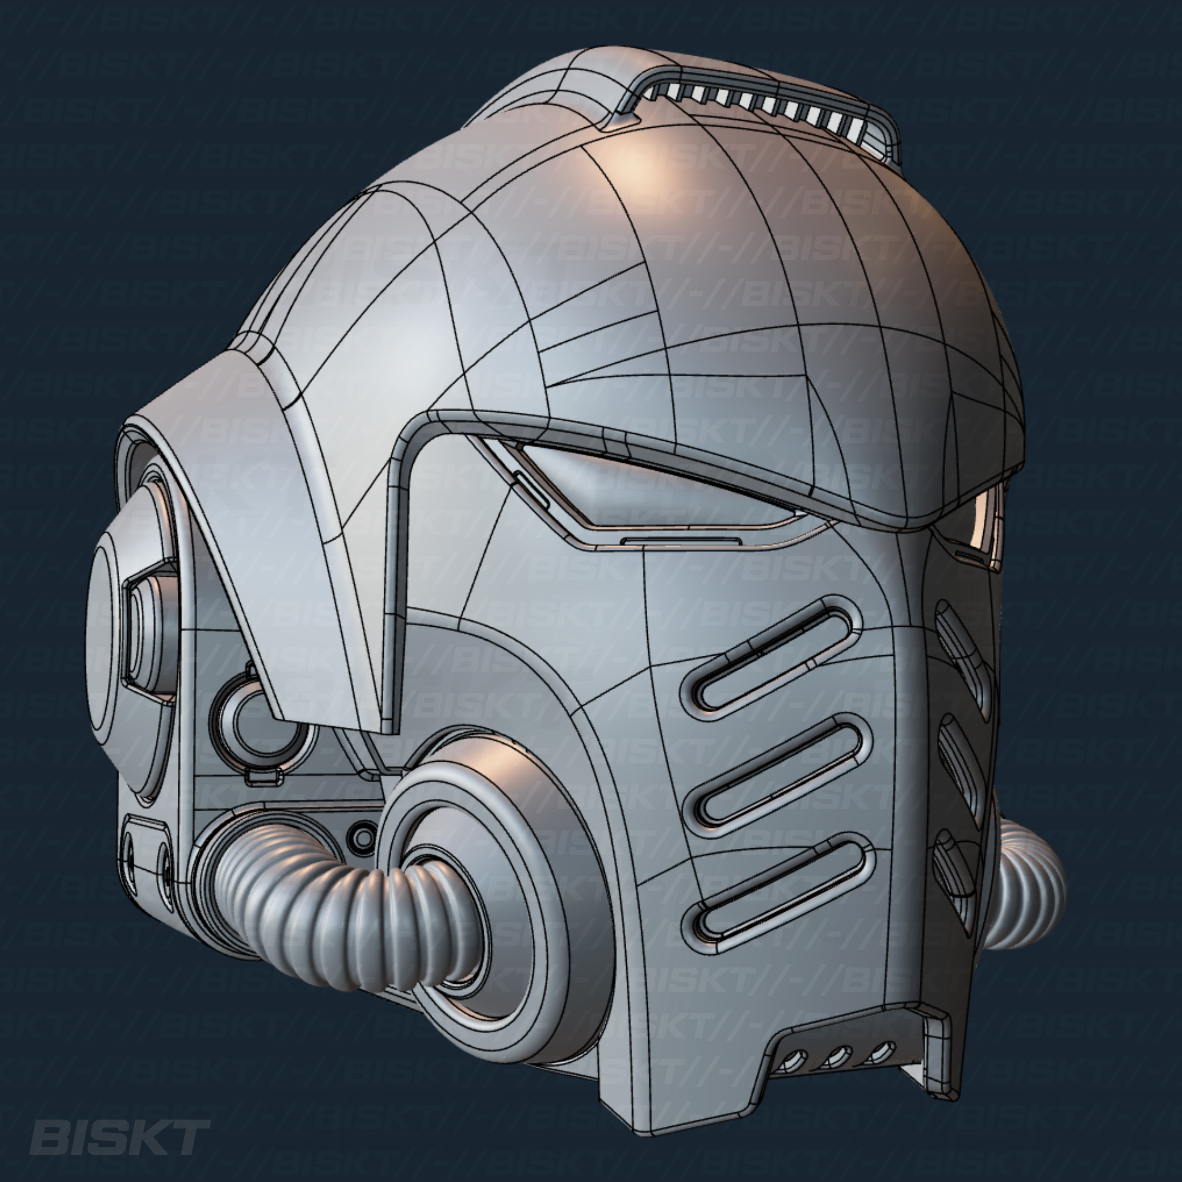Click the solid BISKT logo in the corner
point(119,1137)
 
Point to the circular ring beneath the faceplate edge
point(263,722)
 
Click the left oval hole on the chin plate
point(130,853)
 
